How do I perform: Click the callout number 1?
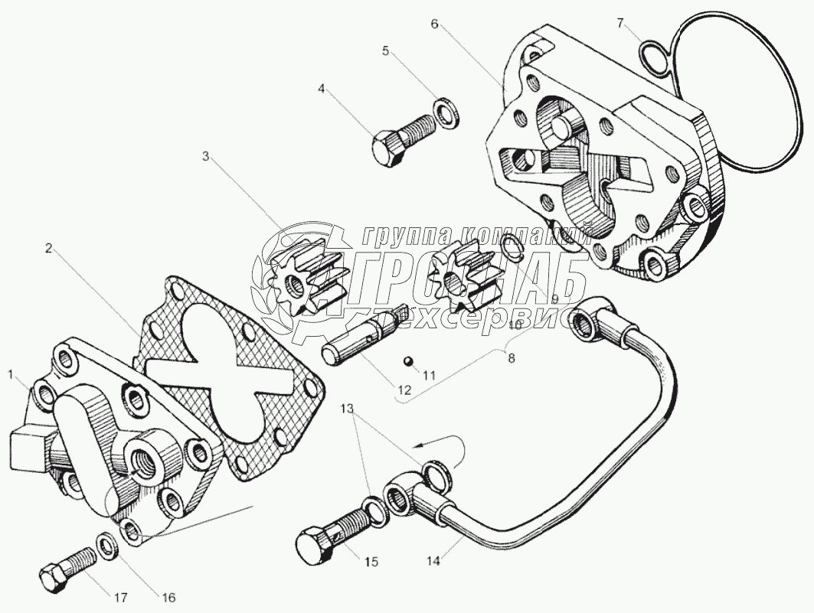(x=11, y=375)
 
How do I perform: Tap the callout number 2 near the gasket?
(x=48, y=247)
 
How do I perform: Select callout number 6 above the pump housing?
(x=434, y=24)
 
